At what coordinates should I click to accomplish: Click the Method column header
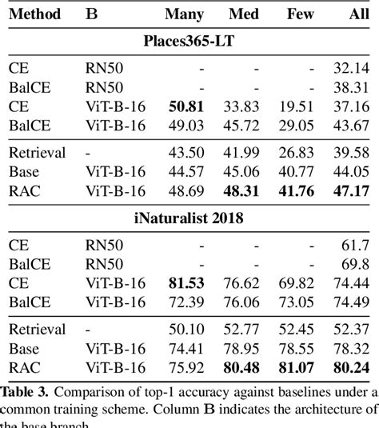[x=35, y=14]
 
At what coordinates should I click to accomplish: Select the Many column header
[x=184, y=14]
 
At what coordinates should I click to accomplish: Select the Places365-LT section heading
[x=189, y=42]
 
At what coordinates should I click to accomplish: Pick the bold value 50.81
[x=186, y=106]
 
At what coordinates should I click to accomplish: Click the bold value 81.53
[x=186, y=282]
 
